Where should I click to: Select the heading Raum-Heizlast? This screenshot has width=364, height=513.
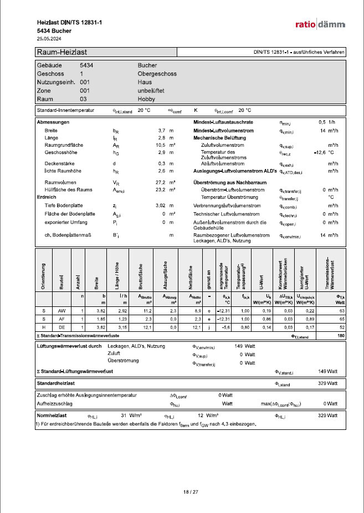click(61, 52)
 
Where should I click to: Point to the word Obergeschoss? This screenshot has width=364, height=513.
click(157, 73)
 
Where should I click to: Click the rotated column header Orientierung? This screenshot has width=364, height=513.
click(43, 274)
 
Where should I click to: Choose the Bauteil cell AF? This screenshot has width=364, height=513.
click(62, 320)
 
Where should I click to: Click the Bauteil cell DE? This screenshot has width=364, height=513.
click(62, 328)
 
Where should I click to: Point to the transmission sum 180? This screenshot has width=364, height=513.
click(341, 336)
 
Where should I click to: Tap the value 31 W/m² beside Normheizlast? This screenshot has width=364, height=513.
click(131, 415)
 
